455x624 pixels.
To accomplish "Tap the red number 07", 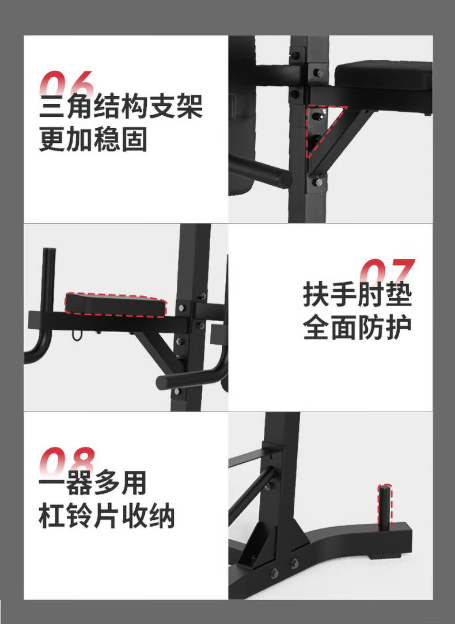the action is click(x=388, y=272).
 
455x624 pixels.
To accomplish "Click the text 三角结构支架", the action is click(x=121, y=106).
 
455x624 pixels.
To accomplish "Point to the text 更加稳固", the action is click(x=93, y=139).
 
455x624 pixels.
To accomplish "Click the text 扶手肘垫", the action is click(x=357, y=295).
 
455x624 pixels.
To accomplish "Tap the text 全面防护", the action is click(x=357, y=328).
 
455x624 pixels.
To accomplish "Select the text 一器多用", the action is click(x=93, y=483).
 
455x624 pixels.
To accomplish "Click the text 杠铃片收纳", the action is click(x=107, y=516).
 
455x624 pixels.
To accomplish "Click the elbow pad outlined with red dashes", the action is click(x=115, y=305).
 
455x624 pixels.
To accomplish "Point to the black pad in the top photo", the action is click(x=383, y=77).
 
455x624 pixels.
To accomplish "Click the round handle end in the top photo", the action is click(x=284, y=178).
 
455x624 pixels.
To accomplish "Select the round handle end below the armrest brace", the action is click(x=164, y=382).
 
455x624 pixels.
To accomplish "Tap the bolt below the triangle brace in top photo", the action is click(x=318, y=182).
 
